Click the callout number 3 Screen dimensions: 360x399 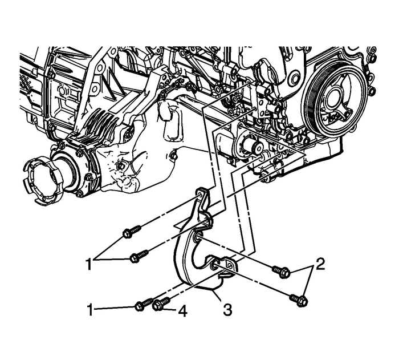[x=227, y=310]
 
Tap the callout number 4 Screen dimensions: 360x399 [x=182, y=312]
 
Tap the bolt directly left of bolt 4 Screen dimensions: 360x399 [x=141, y=305]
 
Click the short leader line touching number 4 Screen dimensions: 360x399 [x=171, y=310]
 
